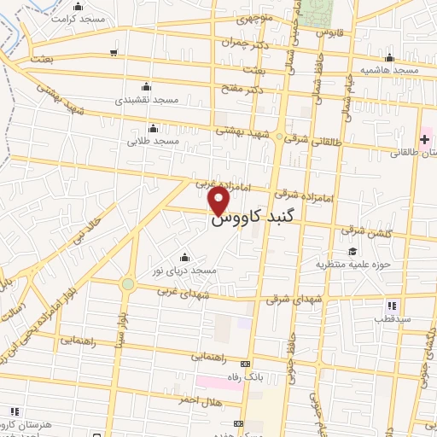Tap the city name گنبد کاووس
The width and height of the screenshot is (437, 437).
coord(247,219)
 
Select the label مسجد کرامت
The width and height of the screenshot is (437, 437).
coord(78,19)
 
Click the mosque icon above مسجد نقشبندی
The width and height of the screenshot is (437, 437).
coord(147,85)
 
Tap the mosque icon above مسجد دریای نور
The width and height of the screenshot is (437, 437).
coord(184,258)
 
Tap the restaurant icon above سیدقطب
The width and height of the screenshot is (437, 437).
coord(392,305)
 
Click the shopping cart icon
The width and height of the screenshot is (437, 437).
coord(114,53)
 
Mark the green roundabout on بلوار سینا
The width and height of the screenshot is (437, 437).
coord(127,283)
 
